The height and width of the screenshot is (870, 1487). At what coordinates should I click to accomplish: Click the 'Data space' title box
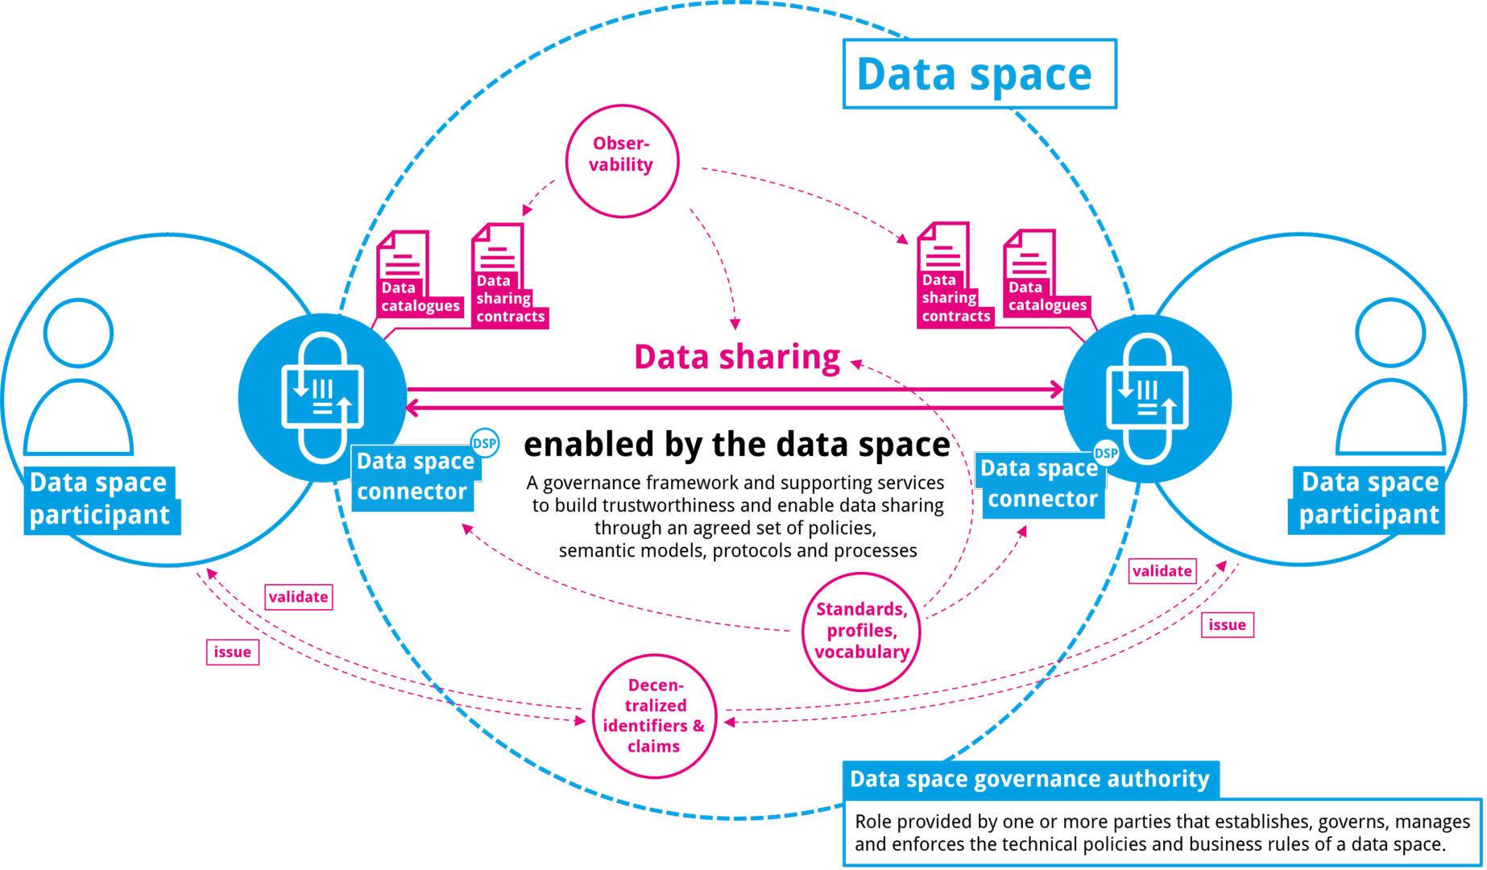[979, 74]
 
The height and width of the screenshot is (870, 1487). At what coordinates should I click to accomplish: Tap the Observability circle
[622, 159]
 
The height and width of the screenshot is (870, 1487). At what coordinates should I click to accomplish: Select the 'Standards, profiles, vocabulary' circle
[861, 631]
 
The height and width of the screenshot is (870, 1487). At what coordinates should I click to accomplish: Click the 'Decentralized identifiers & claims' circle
[654, 716]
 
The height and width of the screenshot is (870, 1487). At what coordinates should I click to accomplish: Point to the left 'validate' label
[299, 597]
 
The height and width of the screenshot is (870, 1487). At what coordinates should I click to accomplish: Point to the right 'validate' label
[1162, 571]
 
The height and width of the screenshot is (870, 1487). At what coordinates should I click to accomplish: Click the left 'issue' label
[232, 652]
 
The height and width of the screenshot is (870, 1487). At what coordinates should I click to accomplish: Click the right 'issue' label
[1227, 625]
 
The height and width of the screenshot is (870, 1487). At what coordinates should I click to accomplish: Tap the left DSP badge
[485, 443]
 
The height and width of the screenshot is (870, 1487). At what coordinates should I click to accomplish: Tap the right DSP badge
[1106, 453]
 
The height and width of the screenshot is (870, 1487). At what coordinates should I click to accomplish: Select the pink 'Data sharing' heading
[737, 357]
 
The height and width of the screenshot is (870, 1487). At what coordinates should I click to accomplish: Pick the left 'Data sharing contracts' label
[509, 299]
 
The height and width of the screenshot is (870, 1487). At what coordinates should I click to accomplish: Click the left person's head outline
[78, 333]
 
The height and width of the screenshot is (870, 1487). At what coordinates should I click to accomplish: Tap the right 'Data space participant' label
[1369, 499]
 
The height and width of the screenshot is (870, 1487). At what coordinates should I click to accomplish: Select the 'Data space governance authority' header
[1029, 779]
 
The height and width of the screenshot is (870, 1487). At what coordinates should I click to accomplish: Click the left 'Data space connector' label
[415, 477]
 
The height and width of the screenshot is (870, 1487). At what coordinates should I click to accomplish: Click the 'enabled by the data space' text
[737, 445]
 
